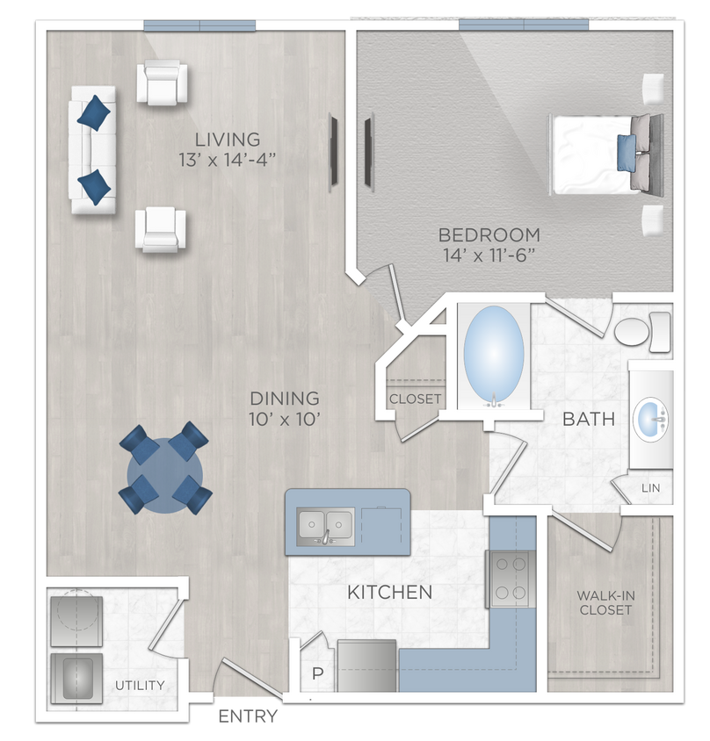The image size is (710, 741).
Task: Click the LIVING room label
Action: [228, 139]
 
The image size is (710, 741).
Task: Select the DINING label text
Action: [283, 399]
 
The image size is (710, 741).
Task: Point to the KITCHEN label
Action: [389, 593]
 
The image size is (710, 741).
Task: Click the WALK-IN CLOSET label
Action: [605, 602]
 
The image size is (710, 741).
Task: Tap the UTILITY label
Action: [139, 685]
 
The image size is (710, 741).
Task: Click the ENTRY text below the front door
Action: [248, 716]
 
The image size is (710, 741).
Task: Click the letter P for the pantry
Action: [317, 675]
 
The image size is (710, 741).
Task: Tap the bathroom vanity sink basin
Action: [652, 418]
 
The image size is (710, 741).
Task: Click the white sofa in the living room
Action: [92, 149]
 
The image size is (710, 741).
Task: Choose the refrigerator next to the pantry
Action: [366, 665]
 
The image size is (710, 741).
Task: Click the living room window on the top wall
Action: [199, 25]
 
